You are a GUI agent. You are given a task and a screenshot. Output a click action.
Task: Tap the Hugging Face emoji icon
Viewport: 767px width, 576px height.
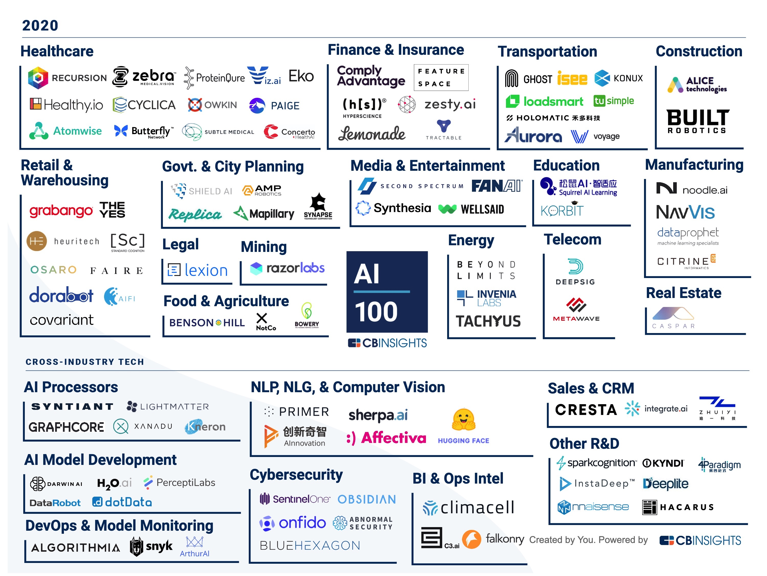click(463, 419)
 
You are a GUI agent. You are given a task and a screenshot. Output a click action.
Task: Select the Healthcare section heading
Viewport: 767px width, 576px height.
click(57, 51)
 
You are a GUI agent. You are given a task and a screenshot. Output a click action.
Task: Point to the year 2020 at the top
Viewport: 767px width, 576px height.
click(40, 26)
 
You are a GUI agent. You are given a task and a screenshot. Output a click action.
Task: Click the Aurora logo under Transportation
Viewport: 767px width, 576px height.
click(533, 135)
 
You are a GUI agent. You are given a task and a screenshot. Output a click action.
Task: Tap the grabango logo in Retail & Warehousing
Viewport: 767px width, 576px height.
click(61, 210)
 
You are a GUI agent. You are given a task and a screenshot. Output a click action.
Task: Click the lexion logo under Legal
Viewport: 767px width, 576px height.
click(198, 270)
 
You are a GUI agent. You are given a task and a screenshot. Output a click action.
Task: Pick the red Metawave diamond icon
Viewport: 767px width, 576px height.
click(576, 305)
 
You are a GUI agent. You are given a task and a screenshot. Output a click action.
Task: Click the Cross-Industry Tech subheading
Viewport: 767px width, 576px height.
click(85, 362)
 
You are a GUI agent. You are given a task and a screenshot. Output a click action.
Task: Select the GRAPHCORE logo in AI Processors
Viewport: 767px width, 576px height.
click(66, 427)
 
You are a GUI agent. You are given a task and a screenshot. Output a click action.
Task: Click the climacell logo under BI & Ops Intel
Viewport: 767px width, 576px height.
click(468, 508)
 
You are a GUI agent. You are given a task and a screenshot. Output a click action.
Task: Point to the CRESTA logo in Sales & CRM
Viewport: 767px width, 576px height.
click(586, 410)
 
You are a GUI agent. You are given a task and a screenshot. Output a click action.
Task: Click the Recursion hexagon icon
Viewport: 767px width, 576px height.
click(38, 78)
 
